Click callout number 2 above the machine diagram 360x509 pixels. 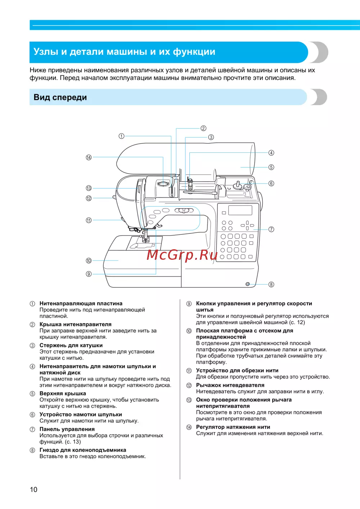pos(203,128)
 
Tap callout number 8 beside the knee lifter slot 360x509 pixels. pos(271,284)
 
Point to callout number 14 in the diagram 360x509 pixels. pos(89,157)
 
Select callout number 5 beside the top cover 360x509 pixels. pos(271,167)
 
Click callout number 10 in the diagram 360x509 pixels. pos(89,261)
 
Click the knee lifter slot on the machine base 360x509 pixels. pos(248,284)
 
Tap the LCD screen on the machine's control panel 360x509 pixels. pos(240,210)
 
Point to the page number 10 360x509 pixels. pos(33,490)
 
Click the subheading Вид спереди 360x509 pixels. pos(60,97)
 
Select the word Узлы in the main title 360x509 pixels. pos(47,52)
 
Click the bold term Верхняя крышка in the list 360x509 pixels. pos(63,393)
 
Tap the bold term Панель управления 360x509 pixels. pos(67,429)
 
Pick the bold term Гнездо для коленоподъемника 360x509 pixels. pos(83,450)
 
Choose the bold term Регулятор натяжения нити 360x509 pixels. pos(233,427)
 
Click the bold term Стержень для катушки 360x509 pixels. pos(71,345)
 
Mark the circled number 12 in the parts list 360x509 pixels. pos(189,385)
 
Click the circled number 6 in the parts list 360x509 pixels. pos(32,415)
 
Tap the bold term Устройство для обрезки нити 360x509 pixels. pos(237,370)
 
